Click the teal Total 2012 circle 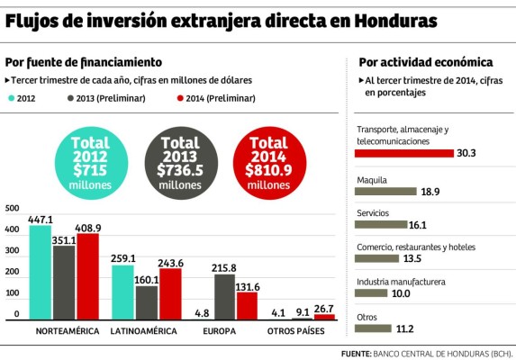click(90, 163)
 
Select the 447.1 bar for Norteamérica click(40, 274)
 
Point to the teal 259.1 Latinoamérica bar click(122, 293)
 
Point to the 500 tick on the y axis click(12, 208)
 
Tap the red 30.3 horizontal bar click(404, 153)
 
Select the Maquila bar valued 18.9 click(386, 191)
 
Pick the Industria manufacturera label click(401, 282)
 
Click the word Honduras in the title click(394, 19)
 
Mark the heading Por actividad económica click(425, 62)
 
